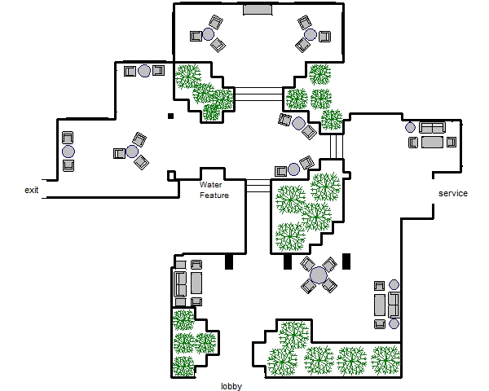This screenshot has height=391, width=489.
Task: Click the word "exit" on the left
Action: [x=32, y=190]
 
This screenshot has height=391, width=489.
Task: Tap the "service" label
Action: [x=453, y=194]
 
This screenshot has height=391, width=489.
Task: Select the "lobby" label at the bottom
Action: [x=232, y=386]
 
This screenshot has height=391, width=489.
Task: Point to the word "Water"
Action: [x=211, y=185]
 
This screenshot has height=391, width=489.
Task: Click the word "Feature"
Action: [x=214, y=195]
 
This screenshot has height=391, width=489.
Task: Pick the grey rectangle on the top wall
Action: [x=257, y=9]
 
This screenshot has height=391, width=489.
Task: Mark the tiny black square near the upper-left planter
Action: [x=170, y=116]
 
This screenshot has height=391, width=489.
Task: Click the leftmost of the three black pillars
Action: [x=229, y=261]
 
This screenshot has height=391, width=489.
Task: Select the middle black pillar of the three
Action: [x=287, y=261]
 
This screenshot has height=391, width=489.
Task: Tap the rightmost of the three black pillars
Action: [x=346, y=261]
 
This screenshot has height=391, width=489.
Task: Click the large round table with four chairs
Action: [x=318, y=275]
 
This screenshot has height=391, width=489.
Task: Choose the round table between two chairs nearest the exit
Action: [x=68, y=151]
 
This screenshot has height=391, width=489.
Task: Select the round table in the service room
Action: [x=409, y=127]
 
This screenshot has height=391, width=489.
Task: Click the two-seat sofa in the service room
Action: [x=432, y=128]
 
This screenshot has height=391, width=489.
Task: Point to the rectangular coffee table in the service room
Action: [x=432, y=143]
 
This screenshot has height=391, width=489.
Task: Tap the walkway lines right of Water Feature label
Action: [x=258, y=187]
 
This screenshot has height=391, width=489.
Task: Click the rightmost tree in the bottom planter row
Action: [x=385, y=358]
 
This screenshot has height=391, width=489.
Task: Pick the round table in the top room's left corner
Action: [x=208, y=34]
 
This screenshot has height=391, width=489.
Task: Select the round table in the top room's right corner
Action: [x=311, y=34]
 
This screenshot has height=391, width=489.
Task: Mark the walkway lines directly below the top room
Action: [x=258, y=94]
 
